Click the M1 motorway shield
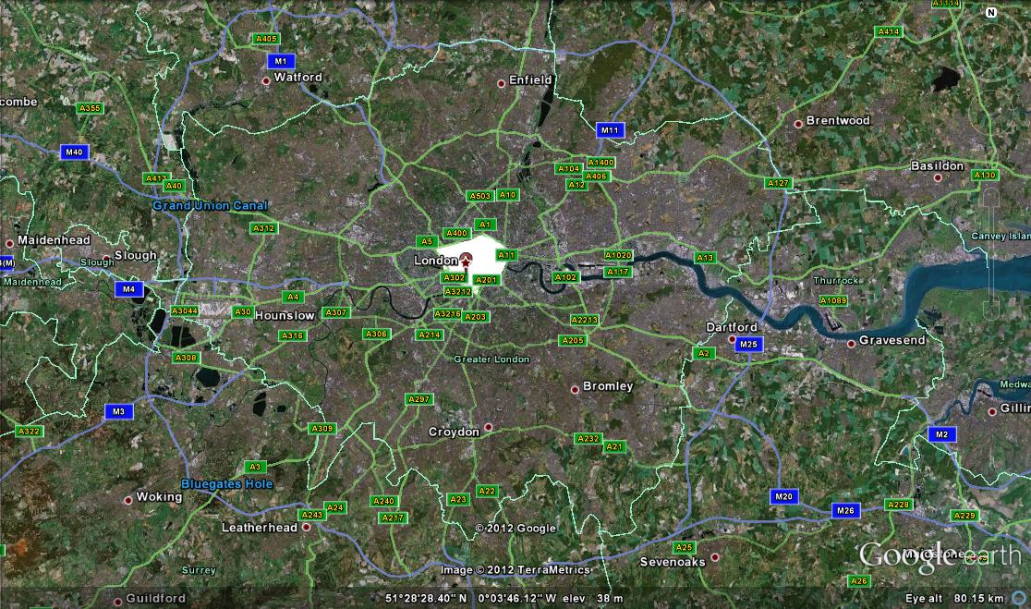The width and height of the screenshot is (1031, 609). [x=282, y=61]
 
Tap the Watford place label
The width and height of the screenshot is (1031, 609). [x=297, y=78]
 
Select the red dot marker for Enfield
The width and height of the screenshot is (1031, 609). [x=502, y=83]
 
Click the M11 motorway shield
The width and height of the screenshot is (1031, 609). [x=609, y=130]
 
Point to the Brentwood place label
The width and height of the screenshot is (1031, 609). [x=838, y=121]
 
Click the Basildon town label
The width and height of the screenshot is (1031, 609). [x=937, y=166]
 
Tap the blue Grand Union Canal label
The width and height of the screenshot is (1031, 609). [x=210, y=205]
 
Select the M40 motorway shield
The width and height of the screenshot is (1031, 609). [x=74, y=152]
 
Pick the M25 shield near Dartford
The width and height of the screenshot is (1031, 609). [x=748, y=345]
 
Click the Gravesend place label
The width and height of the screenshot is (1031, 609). [x=892, y=341]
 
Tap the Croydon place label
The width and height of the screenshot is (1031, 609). [x=454, y=432]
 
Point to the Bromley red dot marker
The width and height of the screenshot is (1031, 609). [x=575, y=389]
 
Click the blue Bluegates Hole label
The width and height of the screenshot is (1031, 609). [x=227, y=484]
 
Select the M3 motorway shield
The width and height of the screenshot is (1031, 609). [x=118, y=411]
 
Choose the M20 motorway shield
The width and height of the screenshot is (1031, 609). [x=783, y=497]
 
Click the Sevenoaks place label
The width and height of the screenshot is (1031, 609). [x=673, y=562]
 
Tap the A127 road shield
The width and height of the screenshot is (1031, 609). [x=779, y=184]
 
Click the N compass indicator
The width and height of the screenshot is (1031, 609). [x=991, y=13]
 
